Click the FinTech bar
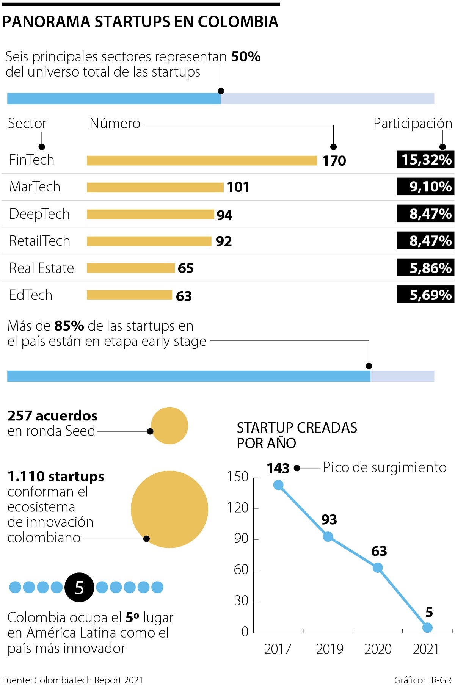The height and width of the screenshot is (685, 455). tap(202, 160)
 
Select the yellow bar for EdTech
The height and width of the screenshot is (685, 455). tap(129, 295)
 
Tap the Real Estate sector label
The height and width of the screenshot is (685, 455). tap(41, 268)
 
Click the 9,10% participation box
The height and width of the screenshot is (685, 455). tap(425, 187)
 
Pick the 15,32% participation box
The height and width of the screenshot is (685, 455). tap(425, 160)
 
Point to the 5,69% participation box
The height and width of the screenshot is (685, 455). tap(425, 295)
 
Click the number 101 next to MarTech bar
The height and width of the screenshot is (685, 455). tap(238, 187)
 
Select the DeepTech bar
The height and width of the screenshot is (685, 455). tap(150, 214)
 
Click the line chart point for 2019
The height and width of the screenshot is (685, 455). tap(328, 536)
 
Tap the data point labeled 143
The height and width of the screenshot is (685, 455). tap(278, 485)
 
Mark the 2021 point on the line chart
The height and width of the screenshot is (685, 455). tap(427, 627)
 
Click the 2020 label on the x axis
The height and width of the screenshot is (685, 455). tap(378, 649)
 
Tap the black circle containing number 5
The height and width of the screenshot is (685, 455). tap(79, 588)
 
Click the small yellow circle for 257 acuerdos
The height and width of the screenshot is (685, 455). tap(169, 426)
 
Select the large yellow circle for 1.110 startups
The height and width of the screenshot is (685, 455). tap(169, 509)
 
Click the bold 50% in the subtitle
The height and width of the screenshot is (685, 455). tap(246, 57)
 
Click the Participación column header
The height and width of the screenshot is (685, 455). tap(413, 123)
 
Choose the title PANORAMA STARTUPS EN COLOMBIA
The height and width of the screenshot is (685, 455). tap(140, 22)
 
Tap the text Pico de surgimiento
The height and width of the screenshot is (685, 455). tap(384, 467)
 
